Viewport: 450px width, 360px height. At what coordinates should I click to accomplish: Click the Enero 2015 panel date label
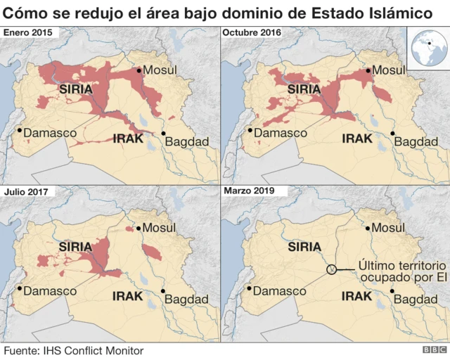(28, 33)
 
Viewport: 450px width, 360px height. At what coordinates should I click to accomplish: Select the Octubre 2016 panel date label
(252, 33)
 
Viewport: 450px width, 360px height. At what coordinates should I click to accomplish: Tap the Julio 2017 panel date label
(25, 191)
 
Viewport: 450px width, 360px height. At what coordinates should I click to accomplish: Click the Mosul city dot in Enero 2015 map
(139, 70)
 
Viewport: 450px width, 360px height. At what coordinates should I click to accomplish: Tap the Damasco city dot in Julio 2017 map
(20, 289)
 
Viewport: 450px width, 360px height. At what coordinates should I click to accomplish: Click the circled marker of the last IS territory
(332, 269)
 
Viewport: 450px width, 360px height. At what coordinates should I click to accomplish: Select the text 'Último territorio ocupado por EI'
(401, 271)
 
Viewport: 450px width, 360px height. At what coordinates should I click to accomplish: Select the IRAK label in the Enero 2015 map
(128, 139)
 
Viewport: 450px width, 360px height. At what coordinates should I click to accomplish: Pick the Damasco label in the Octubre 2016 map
(280, 132)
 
